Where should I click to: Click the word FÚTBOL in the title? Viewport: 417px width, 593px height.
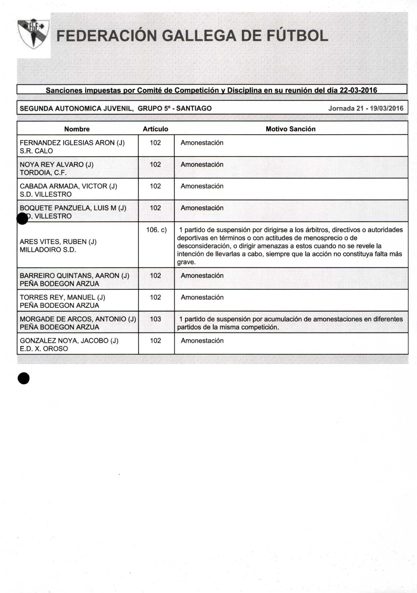297,36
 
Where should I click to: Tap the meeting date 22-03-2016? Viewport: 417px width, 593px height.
358,90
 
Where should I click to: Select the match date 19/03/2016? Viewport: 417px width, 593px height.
387,108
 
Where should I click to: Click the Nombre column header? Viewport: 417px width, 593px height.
77,129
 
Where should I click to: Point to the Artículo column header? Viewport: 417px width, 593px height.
155,129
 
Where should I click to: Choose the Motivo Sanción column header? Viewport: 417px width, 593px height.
291,129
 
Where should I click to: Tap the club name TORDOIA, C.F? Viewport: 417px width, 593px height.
43,172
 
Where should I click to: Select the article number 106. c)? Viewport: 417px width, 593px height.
156,230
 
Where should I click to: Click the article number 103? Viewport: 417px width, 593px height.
155,319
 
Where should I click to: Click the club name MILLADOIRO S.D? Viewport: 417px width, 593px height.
48,250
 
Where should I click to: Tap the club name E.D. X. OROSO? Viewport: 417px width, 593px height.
44,349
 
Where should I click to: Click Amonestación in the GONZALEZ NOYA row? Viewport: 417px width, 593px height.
202,341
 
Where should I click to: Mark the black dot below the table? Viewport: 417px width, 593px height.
23,378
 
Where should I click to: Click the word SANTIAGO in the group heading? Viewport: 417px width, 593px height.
194,108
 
